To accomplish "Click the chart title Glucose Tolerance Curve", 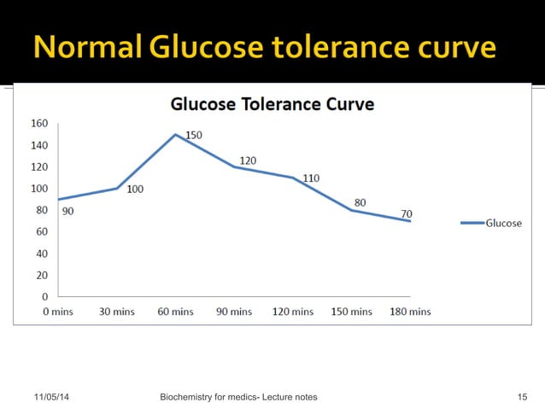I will (272, 104).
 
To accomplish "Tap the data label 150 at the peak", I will (194, 135).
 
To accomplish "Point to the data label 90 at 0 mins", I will (67, 211).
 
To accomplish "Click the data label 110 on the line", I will (310, 178).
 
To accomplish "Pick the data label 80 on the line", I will (360, 202).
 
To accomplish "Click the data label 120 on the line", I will (248, 160).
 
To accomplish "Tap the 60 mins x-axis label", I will (176, 312).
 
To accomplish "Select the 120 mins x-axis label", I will (293, 312).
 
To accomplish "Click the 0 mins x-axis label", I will (58, 312).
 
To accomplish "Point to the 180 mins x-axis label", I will (410, 312).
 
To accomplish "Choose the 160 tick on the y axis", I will (39, 123).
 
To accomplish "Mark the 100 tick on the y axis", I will (39, 189).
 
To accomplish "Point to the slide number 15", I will (523, 397).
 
